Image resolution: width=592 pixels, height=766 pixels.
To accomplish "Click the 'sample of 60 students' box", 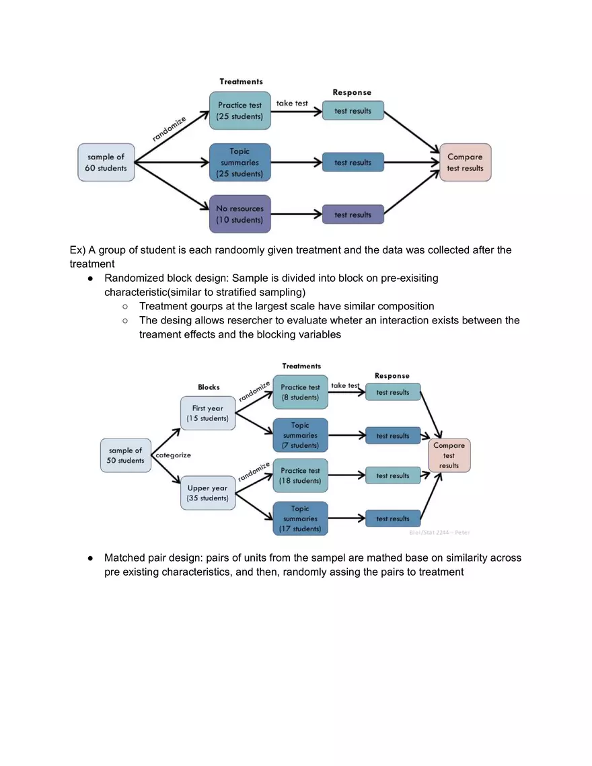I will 106,162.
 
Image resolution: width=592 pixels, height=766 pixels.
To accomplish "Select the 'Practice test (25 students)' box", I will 239,111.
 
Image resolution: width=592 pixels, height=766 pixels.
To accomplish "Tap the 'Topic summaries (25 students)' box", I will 239,163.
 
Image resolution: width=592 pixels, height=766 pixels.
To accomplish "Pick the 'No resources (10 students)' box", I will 239,214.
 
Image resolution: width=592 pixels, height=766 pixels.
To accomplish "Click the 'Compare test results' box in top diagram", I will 465,162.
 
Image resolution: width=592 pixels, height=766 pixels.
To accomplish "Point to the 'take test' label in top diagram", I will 292,103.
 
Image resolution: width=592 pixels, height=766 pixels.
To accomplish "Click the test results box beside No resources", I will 353,215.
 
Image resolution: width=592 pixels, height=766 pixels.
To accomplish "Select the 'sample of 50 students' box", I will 126,455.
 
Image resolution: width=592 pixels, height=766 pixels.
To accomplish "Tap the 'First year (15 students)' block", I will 207,413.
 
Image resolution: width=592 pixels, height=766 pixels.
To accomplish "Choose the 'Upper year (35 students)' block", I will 207,493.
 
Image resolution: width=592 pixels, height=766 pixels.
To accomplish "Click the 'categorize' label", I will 174,455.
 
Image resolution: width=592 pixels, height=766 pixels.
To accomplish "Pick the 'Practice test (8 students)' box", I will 300,392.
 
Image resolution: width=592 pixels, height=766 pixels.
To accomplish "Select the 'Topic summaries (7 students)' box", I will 300,435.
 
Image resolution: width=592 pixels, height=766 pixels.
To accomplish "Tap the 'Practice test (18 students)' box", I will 300,475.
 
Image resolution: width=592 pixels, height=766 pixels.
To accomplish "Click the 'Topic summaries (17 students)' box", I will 300,519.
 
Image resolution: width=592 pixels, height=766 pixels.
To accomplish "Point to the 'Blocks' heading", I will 209,387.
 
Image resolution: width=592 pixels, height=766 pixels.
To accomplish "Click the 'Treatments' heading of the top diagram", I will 241,81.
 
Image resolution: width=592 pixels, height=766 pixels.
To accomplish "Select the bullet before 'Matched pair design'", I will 89,558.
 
